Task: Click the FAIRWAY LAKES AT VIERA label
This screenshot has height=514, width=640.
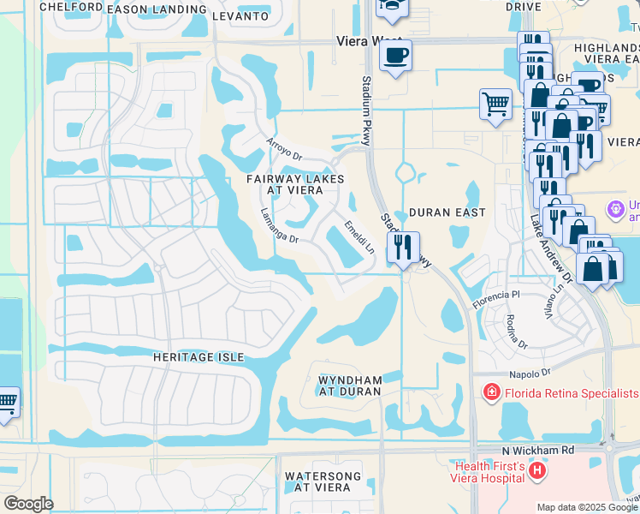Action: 295,184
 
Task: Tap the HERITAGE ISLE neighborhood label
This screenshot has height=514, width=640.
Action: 199,356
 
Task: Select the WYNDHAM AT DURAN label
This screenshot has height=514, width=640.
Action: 350,385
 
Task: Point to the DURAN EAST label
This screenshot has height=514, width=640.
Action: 447,212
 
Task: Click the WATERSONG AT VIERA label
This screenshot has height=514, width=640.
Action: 317,481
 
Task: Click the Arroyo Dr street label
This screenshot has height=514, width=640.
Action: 284,150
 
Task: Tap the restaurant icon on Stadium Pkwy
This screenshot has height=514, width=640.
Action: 403,248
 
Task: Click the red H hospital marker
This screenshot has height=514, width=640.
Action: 536,470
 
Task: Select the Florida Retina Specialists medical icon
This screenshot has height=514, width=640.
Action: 492,392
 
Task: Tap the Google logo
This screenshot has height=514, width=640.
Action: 28,503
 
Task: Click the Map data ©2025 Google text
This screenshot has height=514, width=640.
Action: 586,507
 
